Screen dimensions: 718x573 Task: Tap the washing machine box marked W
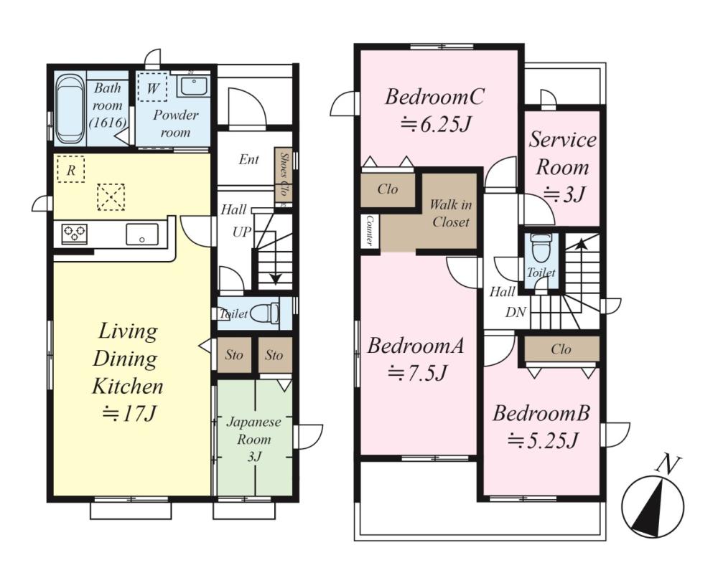(x=152, y=87)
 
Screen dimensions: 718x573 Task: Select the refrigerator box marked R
(x=71, y=169)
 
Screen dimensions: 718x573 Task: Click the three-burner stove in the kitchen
(x=74, y=234)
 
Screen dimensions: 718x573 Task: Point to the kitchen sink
(x=142, y=234)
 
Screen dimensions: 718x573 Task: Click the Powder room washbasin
(x=194, y=85)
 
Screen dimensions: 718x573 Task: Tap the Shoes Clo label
(x=283, y=174)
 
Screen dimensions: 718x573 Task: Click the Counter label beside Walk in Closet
(x=369, y=231)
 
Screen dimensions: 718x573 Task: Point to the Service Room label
(x=563, y=153)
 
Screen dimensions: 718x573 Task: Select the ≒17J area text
(x=129, y=414)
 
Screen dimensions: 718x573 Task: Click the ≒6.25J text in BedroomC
(x=435, y=124)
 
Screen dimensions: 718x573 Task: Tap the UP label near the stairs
(x=242, y=232)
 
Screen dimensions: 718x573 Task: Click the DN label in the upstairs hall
(x=516, y=313)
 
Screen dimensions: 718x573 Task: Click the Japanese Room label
(x=253, y=430)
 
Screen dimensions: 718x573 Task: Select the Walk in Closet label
(x=451, y=213)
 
